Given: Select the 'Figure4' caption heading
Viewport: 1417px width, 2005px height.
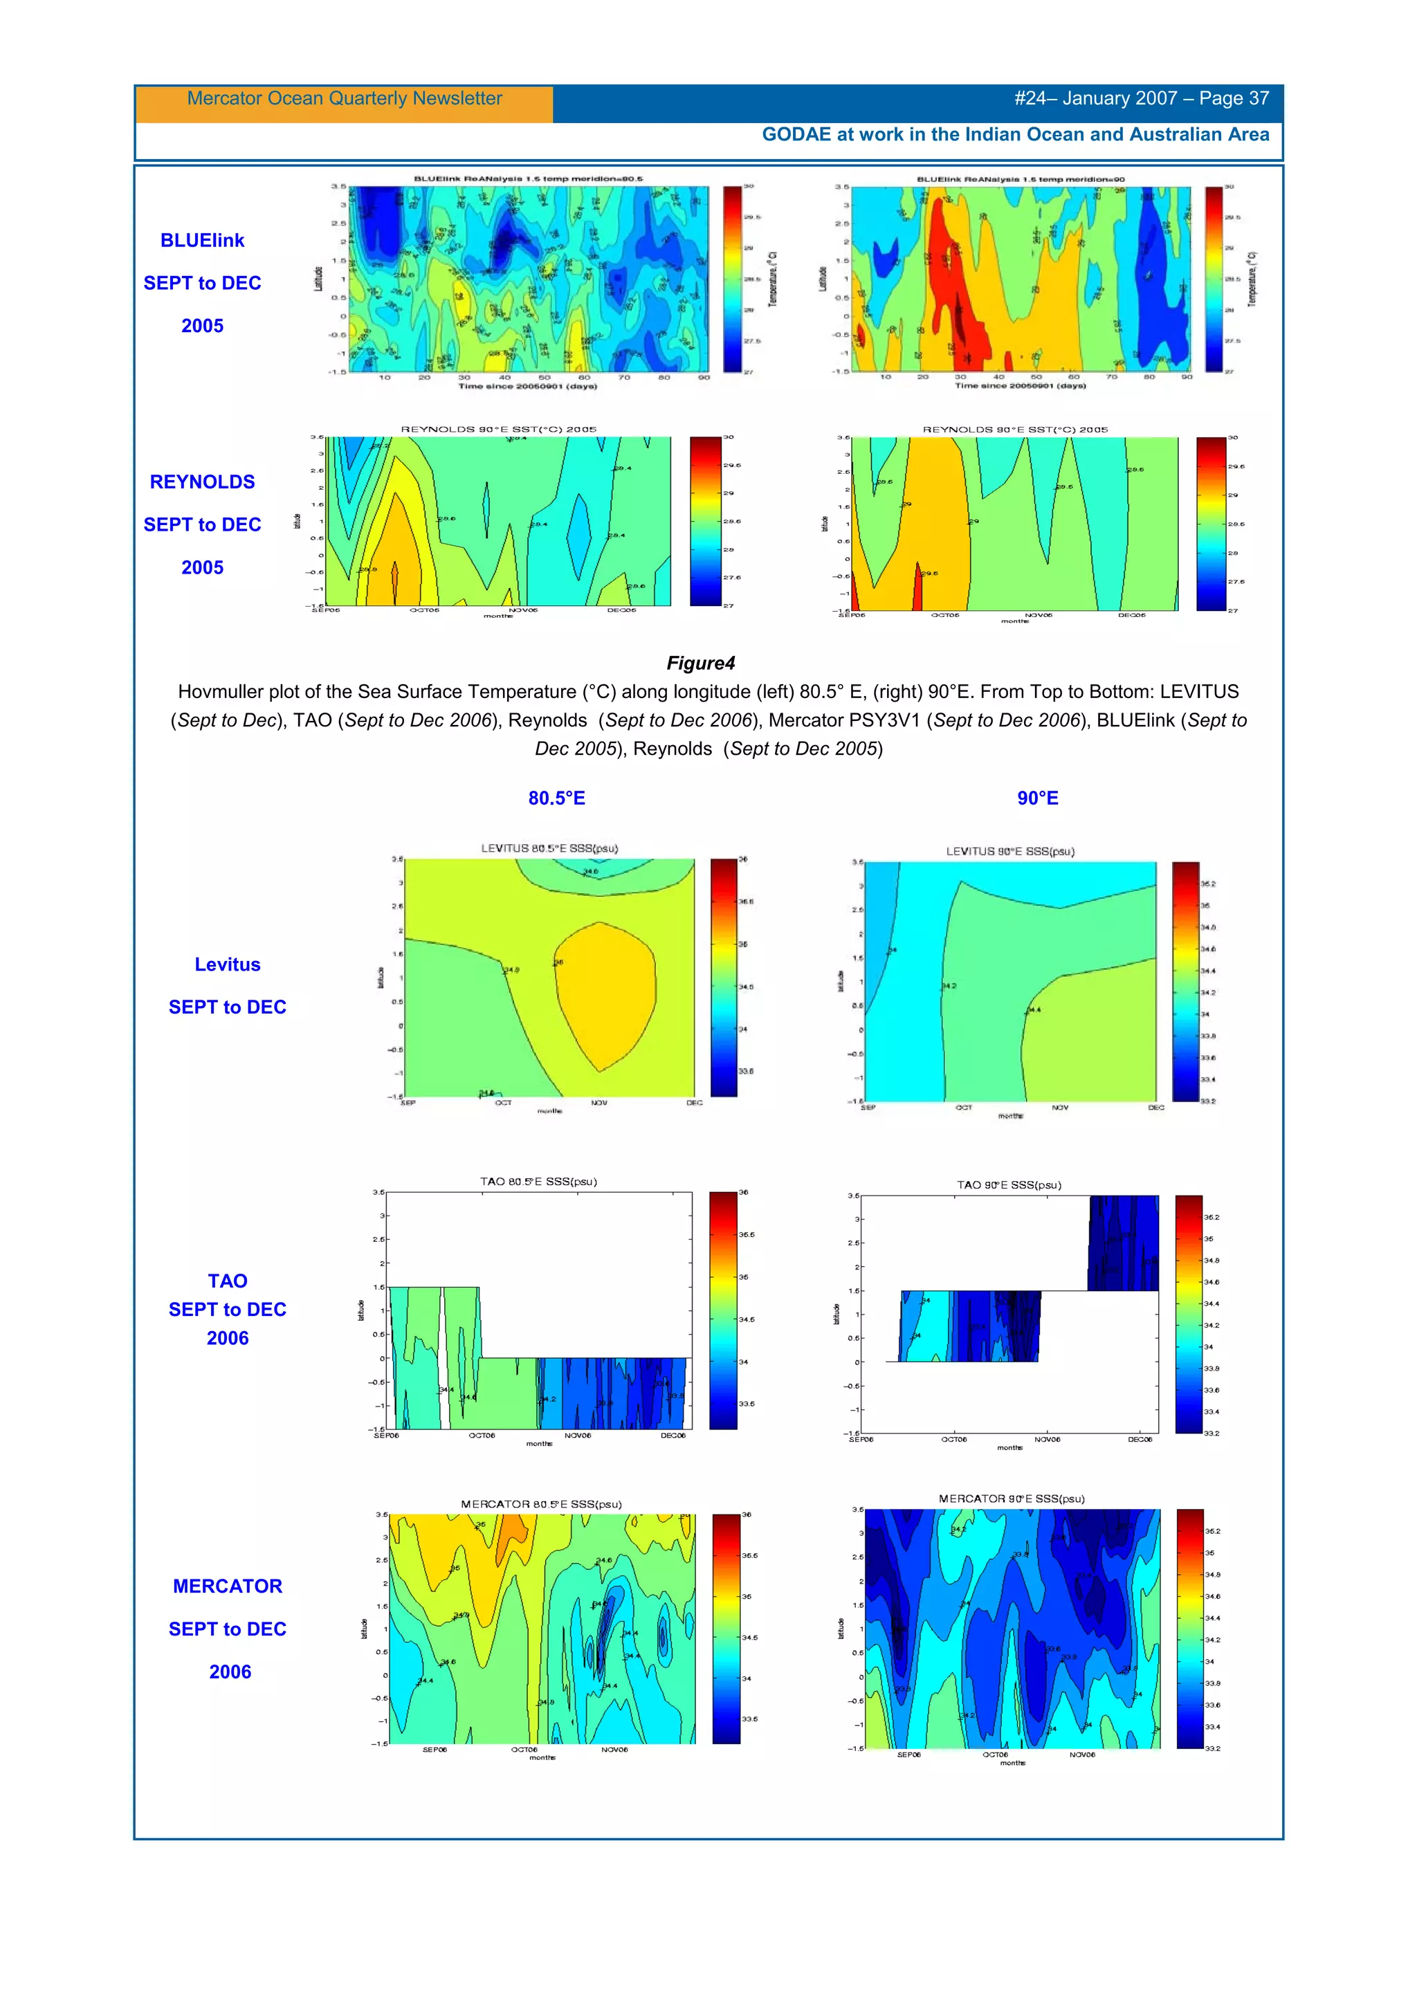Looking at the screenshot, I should coord(700,663).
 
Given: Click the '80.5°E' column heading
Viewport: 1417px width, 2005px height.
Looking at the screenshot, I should coord(556,798).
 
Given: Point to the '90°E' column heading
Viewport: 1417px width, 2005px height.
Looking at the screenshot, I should coord(1037,798).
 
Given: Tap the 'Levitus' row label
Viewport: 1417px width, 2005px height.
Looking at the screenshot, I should coord(227,965).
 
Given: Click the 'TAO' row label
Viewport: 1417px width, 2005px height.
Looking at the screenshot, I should coord(227,1281).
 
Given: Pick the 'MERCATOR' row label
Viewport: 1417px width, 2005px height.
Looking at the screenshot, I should coord(227,1586).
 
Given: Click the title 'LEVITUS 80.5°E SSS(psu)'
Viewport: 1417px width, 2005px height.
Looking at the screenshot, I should coord(549,848).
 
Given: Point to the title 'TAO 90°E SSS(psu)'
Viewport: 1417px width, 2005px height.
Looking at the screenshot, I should coord(1008,1185).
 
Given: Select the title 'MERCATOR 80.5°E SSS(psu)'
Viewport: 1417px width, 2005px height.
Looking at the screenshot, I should coord(541,1505).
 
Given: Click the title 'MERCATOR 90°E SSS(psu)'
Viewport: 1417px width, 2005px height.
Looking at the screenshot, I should coord(1011,1499).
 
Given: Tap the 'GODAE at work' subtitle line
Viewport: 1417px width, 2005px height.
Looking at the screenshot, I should coord(1014,134).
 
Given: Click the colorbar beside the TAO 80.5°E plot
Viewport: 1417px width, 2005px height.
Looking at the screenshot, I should coord(723,1310).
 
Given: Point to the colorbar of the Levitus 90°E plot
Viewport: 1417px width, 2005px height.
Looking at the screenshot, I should coord(1185,982).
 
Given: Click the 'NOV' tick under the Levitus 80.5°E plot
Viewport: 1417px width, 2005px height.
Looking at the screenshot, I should coord(599,1103).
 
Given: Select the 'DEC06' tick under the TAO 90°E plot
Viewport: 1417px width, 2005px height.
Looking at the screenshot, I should coord(1140,1439).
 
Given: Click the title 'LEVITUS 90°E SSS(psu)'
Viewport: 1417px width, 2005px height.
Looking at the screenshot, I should coord(1010,852).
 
